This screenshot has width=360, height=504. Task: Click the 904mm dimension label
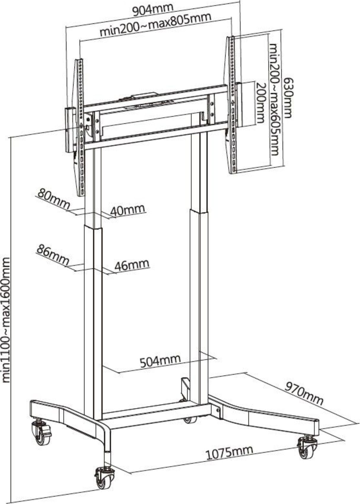pos(153,10)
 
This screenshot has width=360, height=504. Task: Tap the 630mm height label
pos(288,98)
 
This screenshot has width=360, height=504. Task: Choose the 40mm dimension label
pos(128,210)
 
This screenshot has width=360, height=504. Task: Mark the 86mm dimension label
pos(52,255)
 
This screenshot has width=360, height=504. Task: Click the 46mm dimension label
pos(132,265)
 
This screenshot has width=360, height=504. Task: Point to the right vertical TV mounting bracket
pos(232,105)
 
